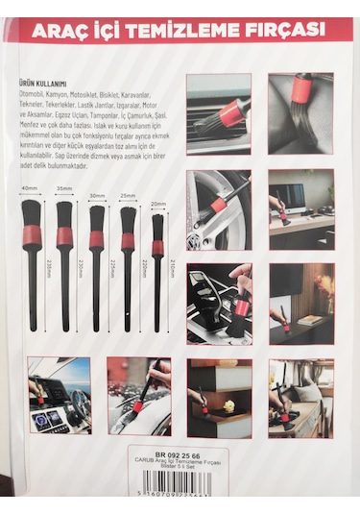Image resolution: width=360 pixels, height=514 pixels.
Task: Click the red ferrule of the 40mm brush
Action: (29, 236)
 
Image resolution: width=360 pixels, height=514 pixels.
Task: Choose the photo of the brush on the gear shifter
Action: (219, 303)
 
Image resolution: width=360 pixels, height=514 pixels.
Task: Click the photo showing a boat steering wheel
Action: (59, 395)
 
